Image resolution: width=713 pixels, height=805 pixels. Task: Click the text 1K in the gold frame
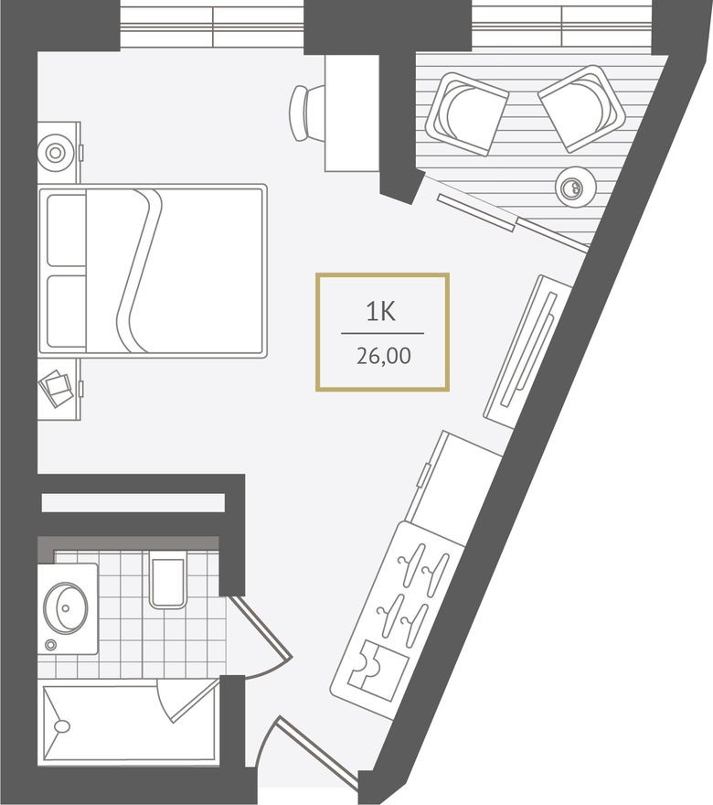[381, 313]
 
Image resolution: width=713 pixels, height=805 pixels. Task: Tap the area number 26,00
[383, 356]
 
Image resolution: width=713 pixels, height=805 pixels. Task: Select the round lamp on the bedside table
[55, 152]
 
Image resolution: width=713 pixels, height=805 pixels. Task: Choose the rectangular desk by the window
[353, 112]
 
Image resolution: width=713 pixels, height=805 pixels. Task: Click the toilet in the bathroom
[168, 583]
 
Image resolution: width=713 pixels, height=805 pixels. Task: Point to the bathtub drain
[62, 727]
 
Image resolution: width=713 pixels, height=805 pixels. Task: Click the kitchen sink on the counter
[372, 666]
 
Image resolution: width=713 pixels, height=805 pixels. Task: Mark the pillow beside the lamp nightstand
[63, 229]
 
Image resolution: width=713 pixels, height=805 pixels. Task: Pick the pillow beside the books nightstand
[63, 311]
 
